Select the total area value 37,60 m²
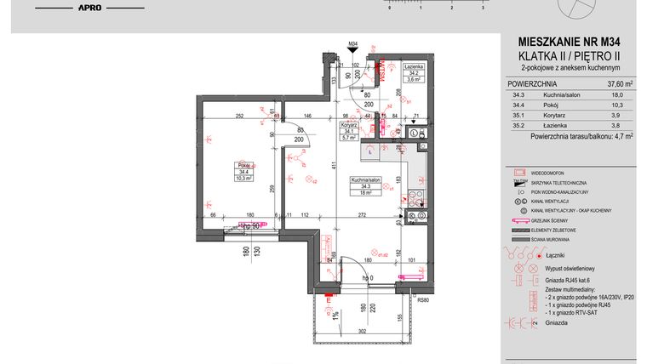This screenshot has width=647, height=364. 618,84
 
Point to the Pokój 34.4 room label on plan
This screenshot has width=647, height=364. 220,170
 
